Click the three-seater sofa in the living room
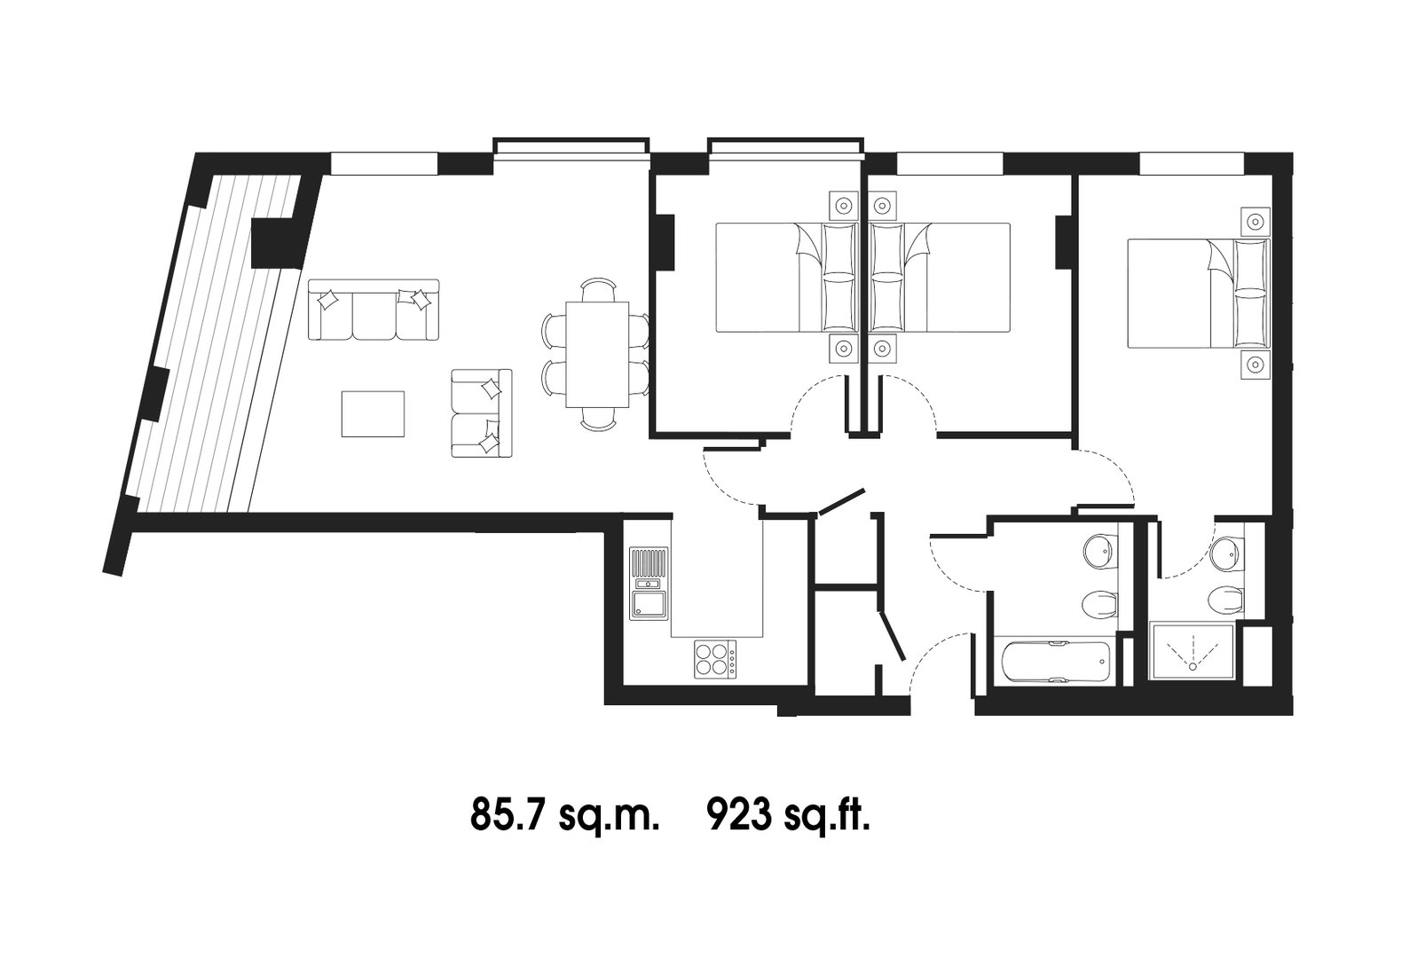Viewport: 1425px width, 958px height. (x=374, y=310)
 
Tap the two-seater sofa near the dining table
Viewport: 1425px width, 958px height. (x=482, y=412)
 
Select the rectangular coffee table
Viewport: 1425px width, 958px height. (x=373, y=414)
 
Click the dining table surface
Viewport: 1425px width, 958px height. (x=597, y=354)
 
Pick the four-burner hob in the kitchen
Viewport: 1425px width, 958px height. (x=716, y=659)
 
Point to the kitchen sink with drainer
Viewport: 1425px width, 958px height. (x=649, y=583)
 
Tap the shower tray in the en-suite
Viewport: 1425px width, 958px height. (x=1192, y=652)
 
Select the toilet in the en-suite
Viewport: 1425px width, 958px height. (x=1224, y=600)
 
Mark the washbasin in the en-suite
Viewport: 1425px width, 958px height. (x=1227, y=554)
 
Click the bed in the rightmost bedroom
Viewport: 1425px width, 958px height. (x=1199, y=294)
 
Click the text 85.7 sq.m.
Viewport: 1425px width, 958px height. (x=563, y=815)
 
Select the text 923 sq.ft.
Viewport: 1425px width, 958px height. (x=789, y=815)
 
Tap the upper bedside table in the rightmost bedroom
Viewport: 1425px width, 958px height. (x=1255, y=222)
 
